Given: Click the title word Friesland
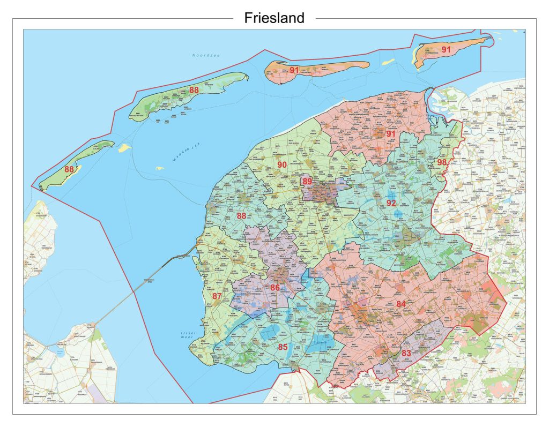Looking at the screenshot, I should [x=274, y=18].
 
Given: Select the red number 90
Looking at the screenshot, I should [x=281, y=164].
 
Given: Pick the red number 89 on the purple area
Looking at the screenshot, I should [x=307, y=182].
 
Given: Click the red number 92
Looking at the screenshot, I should [x=391, y=203].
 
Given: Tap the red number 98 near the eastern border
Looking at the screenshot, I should [x=442, y=162].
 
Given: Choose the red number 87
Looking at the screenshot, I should [x=217, y=296].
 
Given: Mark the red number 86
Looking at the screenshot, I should [x=275, y=288].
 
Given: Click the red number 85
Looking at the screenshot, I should [x=283, y=347].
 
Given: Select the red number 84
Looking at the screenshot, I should [x=401, y=304].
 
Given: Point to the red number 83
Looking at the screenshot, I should [x=406, y=353].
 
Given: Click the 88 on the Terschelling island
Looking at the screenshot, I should [x=194, y=89].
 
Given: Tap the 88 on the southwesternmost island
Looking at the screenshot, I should [x=69, y=169].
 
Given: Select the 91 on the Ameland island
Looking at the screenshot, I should [x=294, y=70].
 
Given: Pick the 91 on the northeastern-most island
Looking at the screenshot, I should [x=446, y=49].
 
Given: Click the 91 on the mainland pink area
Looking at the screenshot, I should [x=390, y=133].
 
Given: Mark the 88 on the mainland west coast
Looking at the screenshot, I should [x=241, y=216].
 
